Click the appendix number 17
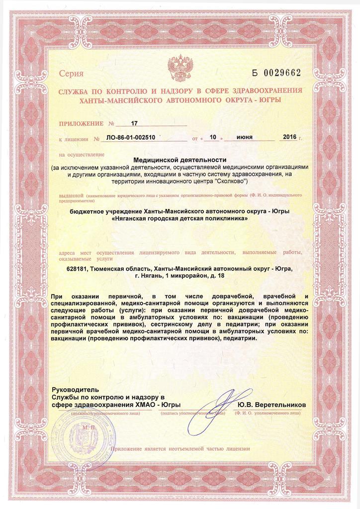coord(133,123)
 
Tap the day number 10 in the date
coord(213,138)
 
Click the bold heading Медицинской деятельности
coord(180,160)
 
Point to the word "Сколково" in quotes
coord(228,181)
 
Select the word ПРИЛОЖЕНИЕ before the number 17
coord(80,123)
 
